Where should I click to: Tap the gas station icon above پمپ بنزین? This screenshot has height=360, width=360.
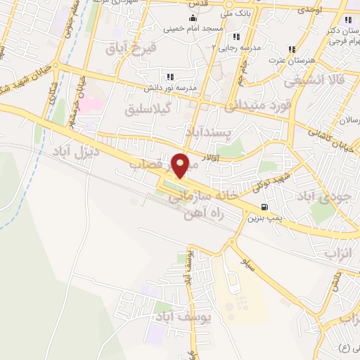coord(264,207)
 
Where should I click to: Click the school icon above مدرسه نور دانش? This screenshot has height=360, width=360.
coord(169,77)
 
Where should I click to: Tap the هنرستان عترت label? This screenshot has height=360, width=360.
coord(290,61)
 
